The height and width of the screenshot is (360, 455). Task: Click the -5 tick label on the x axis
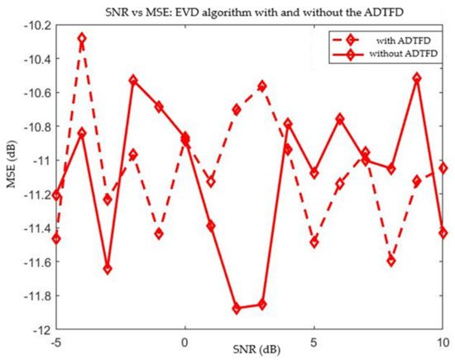(x=55, y=340)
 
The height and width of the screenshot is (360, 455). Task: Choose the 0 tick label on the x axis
(x=184, y=340)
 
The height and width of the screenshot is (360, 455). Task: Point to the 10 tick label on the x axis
(x=443, y=340)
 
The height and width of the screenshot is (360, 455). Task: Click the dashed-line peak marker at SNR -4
(x=81, y=38)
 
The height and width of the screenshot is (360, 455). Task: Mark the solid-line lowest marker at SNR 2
(x=237, y=308)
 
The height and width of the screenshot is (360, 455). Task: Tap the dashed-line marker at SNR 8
(x=391, y=261)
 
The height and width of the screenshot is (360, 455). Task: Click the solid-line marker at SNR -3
(x=108, y=269)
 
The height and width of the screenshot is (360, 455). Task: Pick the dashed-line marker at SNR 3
(x=262, y=86)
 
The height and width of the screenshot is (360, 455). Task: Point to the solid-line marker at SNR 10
(x=443, y=233)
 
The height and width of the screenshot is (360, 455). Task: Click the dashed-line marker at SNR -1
(x=159, y=234)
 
